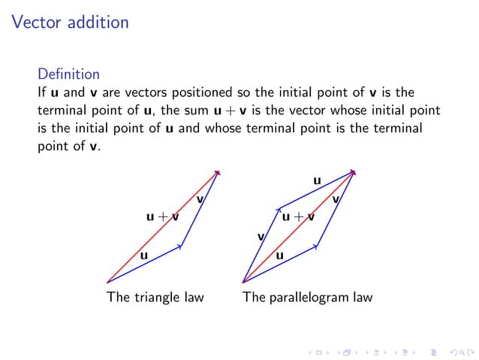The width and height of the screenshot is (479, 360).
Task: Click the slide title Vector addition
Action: coord(71,23)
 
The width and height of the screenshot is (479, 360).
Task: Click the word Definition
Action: coord(68,74)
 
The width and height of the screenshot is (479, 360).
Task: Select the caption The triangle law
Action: coord(155,297)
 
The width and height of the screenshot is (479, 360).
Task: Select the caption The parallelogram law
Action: coord(307,297)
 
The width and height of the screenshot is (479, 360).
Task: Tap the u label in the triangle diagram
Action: coord(143,256)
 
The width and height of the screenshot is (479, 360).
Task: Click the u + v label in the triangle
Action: coord(162,217)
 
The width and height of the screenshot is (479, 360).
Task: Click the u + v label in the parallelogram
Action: coord(298,217)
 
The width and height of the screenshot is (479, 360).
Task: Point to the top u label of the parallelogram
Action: coord(317,180)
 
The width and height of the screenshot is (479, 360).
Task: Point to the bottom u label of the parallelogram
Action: coord(279,256)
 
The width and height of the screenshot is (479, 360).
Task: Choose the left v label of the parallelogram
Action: coord(261,237)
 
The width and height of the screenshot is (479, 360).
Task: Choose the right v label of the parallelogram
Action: coord(336,199)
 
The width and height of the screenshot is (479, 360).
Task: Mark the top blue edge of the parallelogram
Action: coord(315,190)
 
